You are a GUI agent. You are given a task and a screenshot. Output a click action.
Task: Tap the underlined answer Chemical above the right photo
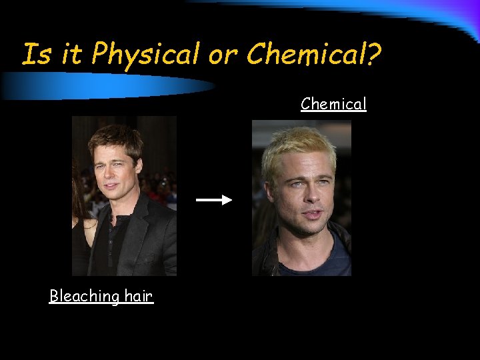point(333,104)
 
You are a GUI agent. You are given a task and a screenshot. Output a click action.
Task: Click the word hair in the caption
point(138,296)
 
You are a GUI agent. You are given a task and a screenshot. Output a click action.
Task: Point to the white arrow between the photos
point(213,199)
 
